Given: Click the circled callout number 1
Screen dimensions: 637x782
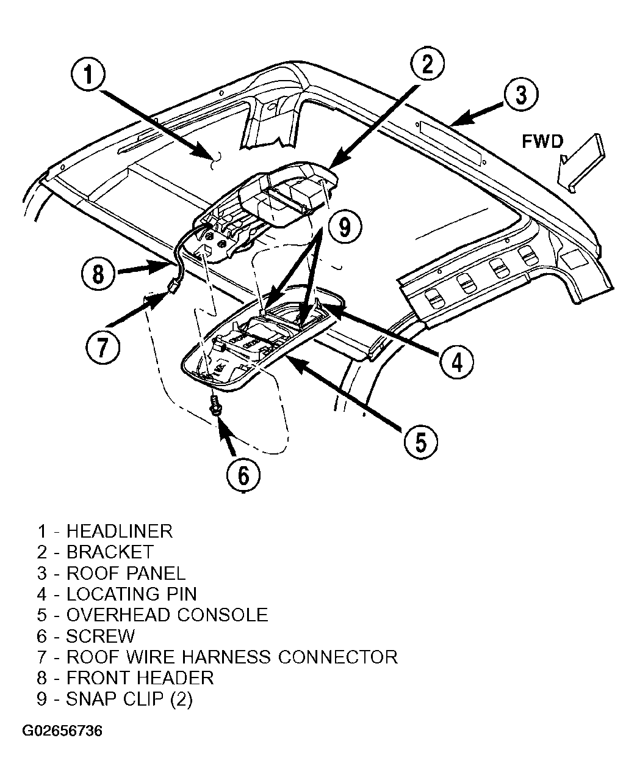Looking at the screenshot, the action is [88, 75].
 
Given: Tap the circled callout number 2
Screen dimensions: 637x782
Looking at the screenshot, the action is [427, 65].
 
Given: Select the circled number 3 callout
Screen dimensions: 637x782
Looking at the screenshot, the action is [520, 94].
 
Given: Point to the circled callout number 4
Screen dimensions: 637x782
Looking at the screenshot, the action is [457, 362].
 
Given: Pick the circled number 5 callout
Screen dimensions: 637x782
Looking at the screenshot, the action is [420, 442].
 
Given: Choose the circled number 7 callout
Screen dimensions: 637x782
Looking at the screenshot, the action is [103, 348].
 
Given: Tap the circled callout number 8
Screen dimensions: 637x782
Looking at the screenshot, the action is [98, 274].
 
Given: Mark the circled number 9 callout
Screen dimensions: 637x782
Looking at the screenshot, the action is [345, 227].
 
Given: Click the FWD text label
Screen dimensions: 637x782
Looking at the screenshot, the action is [542, 142].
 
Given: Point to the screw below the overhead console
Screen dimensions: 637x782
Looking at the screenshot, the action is [214, 405].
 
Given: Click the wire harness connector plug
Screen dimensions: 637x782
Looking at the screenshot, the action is [173, 287].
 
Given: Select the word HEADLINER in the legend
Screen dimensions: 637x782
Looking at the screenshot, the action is [119, 532].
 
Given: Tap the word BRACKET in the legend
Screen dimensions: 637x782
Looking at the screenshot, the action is [110, 552].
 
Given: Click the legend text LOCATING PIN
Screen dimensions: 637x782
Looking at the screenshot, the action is [131, 594].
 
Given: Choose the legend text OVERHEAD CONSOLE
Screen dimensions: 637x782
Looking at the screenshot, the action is [167, 615].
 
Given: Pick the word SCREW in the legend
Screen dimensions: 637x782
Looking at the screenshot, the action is [100, 636].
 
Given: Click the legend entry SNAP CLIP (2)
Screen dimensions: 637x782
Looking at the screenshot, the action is [129, 699].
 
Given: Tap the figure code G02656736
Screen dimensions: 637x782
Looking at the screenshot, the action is [62, 731].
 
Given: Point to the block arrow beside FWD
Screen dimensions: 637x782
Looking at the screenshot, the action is [581, 163].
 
